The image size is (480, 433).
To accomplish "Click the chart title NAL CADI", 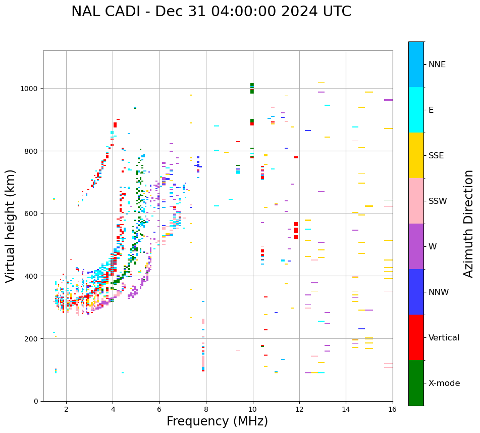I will click(x=211, y=12).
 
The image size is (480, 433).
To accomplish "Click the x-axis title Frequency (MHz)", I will click(x=217, y=421).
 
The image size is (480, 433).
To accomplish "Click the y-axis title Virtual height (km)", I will click(x=11, y=226).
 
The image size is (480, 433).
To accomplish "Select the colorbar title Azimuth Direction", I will click(x=469, y=224).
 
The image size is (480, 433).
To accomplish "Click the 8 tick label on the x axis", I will click(x=206, y=409).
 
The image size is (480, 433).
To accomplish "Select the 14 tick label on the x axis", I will click(x=346, y=409).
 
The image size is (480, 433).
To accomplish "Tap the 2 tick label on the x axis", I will click(x=66, y=409).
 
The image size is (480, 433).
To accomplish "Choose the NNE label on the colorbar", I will click(x=437, y=65).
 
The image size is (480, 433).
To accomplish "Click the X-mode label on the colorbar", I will click(x=444, y=383).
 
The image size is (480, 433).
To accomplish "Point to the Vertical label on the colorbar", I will click(x=444, y=338).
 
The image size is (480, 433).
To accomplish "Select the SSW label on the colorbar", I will click(x=438, y=201).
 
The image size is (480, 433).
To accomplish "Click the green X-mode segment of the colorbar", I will click(x=416, y=383).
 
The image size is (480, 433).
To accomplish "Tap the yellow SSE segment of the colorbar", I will click(x=416, y=155).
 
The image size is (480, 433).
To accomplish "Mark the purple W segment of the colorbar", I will click(x=416, y=246).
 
